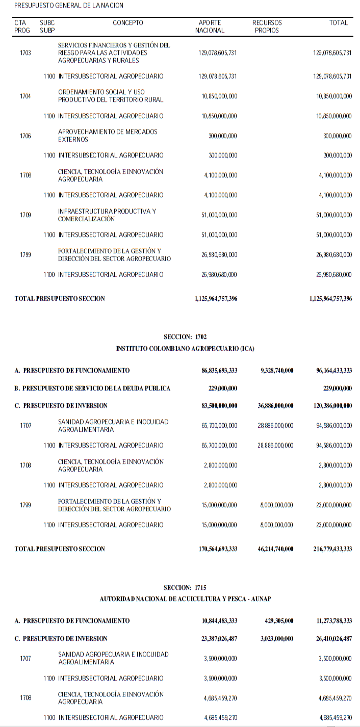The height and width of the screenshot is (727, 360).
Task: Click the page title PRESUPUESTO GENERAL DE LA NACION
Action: [x=69, y=6]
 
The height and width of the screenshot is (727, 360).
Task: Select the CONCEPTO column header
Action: [x=128, y=23]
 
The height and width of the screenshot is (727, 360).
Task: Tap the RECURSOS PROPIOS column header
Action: [x=267, y=27]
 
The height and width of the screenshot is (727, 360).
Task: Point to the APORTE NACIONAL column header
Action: [x=210, y=27]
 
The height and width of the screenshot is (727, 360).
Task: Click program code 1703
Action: [x=25, y=53]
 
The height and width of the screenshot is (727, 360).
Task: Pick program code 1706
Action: [x=25, y=136]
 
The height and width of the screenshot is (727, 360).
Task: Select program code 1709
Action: [x=25, y=215]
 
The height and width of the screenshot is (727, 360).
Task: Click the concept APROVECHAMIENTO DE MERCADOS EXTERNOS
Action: [x=108, y=136]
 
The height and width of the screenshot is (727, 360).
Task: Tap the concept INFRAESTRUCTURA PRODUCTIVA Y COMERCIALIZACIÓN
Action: [x=107, y=215]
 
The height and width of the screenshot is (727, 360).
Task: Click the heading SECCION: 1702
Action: [x=185, y=337]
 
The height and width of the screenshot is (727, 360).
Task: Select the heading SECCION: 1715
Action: [x=185, y=587]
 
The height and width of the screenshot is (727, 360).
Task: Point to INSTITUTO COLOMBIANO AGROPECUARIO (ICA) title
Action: [x=185, y=349]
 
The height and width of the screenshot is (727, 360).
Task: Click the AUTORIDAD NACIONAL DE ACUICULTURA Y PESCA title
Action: [x=185, y=599]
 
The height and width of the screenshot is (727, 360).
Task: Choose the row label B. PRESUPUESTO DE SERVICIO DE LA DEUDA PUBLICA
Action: [x=92, y=388]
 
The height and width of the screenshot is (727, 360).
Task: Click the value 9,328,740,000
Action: [x=277, y=371]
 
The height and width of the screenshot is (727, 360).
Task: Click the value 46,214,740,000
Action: [x=275, y=549]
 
